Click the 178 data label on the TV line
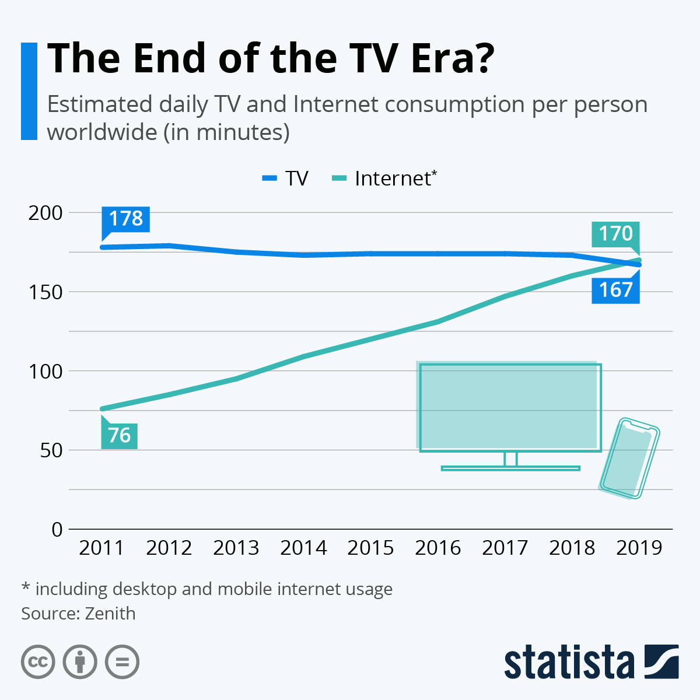[125, 219]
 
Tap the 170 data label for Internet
[615, 234]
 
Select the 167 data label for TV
[615, 290]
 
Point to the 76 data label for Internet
[120, 435]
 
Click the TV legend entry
[286, 178]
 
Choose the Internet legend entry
[385, 178]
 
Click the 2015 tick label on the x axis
[370, 548]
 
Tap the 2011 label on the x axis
[101, 548]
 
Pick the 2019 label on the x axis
[639, 548]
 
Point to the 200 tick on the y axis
[45, 213]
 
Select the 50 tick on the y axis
[51, 450]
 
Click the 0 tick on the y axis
[57, 530]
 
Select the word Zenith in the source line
[110, 614]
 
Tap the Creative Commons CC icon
[38, 662]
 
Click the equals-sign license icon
[122, 662]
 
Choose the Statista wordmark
[569, 662]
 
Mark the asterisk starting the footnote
[26, 587]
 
